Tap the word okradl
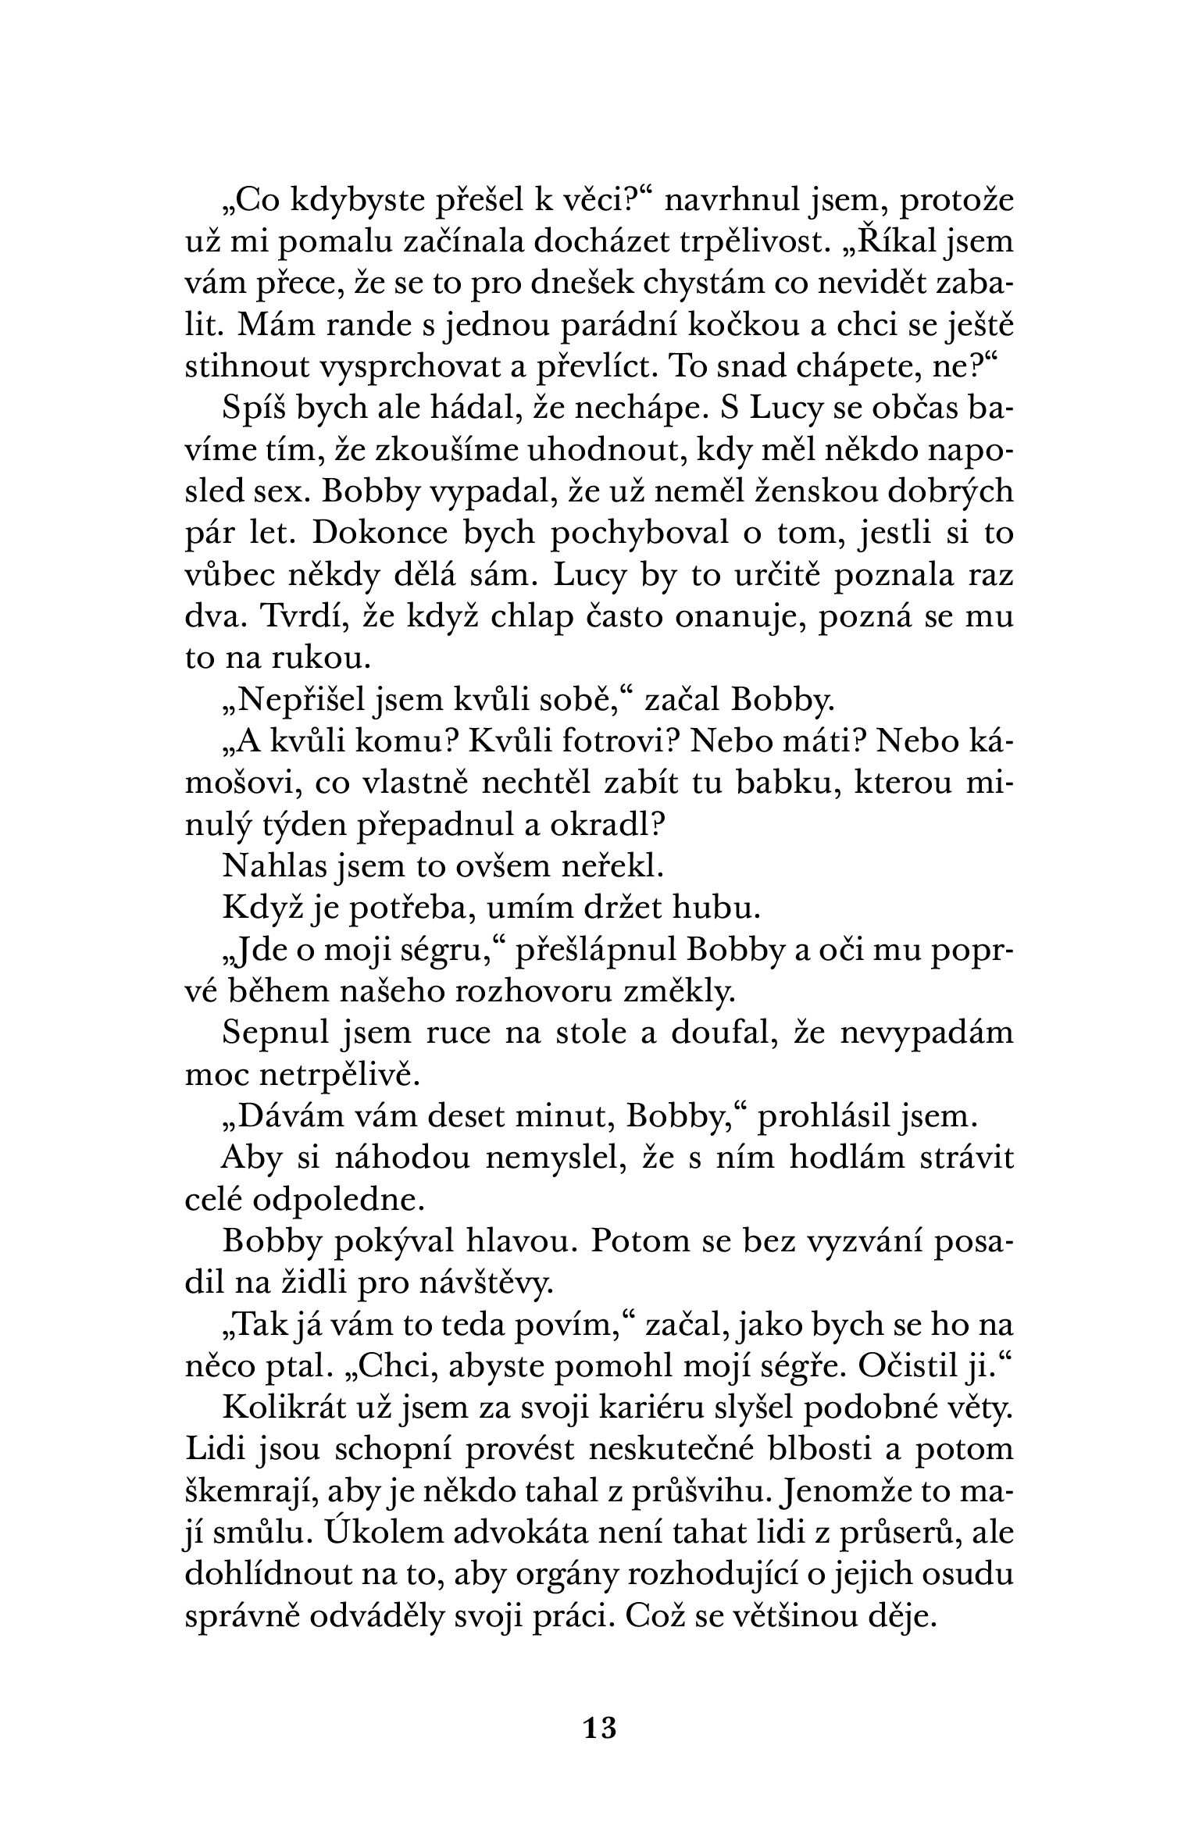coord(596,826)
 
